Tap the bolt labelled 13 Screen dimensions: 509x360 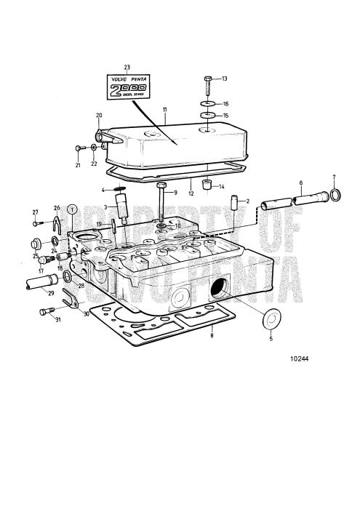pyautogui.click(x=208, y=86)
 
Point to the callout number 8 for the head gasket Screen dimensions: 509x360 pyautogui.click(x=211, y=337)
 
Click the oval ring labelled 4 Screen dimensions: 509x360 pyautogui.click(x=120, y=191)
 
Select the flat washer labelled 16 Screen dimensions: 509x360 pyautogui.click(x=208, y=104)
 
